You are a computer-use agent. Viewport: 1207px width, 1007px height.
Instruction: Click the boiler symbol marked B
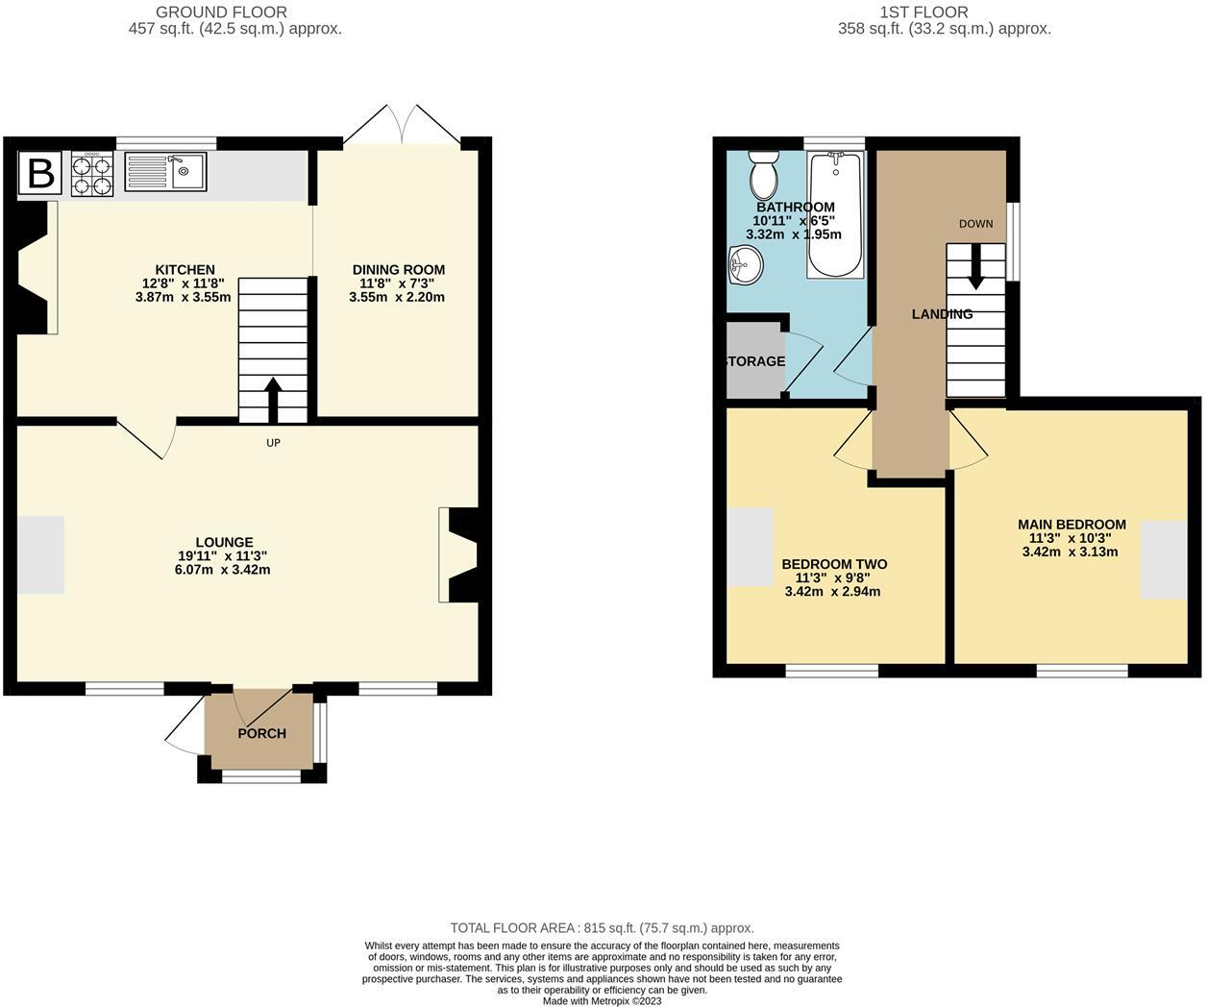(x=40, y=174)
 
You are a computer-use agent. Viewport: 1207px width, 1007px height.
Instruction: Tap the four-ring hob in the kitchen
(x=92, y=174)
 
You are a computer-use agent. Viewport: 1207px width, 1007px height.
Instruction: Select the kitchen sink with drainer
(x=164, y=172)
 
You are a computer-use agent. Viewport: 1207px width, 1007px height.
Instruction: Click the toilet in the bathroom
(x=765, y=175)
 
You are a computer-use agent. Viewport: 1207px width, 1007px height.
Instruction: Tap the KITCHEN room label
(x=185, y=270)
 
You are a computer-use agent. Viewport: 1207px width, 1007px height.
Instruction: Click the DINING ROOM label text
(x=398, y=270)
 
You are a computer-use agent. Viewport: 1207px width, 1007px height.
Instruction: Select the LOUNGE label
(x=224, y=542)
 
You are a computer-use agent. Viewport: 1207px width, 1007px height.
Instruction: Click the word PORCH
(x=261, y=734)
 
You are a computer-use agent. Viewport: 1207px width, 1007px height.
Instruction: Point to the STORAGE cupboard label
(x=755, y=361)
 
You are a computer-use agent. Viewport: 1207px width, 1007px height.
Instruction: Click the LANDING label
(x=942, y=314)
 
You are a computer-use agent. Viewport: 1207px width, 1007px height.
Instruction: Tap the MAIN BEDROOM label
(x=1072, y=525)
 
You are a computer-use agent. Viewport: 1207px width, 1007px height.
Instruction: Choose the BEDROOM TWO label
(x=834, y=564)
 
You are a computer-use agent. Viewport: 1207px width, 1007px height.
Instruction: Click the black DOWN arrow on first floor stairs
(x=976, y=267)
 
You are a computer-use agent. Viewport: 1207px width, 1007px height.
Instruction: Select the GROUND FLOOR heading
(x=221, y=12)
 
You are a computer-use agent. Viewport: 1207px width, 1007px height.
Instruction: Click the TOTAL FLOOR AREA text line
(x=602, y=928)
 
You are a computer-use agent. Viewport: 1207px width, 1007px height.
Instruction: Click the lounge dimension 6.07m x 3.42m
(x=216, y=569)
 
